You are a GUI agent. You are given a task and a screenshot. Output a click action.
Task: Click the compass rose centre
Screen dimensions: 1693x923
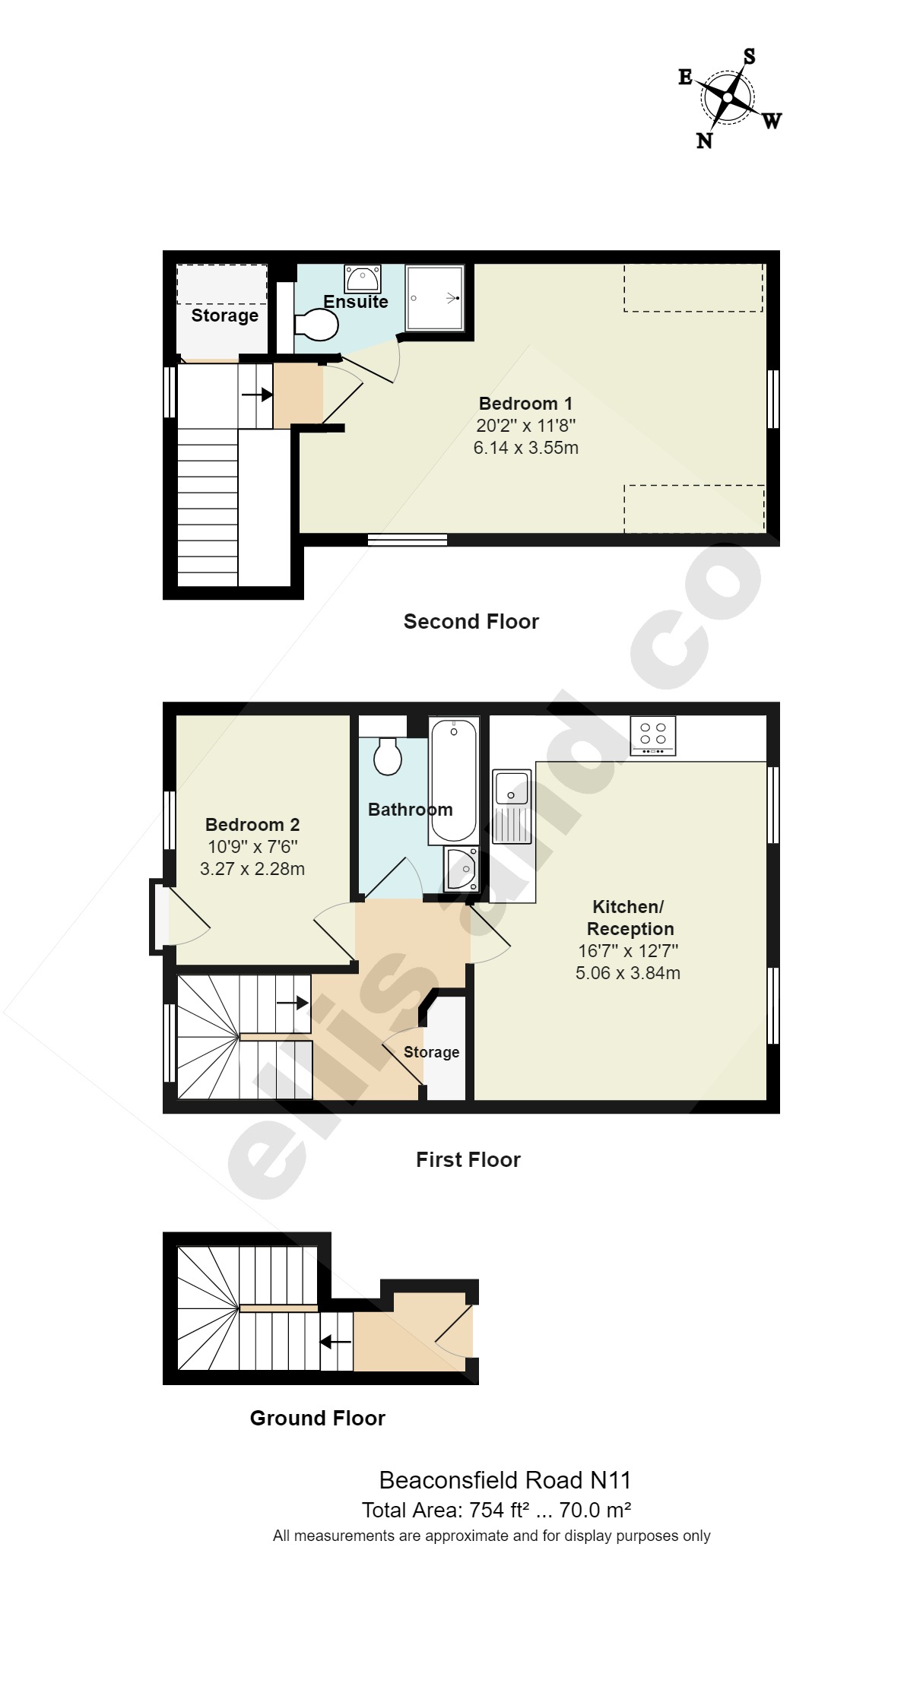coord(728,98)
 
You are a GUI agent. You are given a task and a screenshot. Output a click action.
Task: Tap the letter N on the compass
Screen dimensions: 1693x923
coord(704,141)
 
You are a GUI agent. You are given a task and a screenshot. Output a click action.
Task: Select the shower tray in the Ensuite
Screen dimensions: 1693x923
coord(434,297)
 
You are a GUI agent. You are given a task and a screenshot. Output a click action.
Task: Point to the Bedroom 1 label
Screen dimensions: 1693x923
coord(525,404)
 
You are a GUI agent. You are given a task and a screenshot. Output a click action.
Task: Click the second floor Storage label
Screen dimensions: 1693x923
coord(224,315)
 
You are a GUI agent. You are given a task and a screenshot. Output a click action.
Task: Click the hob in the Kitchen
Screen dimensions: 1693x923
coord(653,735)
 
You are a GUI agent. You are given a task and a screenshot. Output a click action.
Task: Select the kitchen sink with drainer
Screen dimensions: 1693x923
coord(512,807)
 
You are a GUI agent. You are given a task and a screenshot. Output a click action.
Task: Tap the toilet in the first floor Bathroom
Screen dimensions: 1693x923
coord(388,756)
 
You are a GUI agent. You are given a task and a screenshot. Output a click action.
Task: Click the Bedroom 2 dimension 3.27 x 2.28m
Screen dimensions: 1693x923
coord(252,869)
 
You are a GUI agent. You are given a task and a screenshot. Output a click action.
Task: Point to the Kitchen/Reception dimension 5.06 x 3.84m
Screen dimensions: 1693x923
coord(628,973)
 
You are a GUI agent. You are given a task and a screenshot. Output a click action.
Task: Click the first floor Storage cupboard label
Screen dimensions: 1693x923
coord(431,1052)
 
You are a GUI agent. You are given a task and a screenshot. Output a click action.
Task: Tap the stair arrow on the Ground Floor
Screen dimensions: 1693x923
coord(335,1342)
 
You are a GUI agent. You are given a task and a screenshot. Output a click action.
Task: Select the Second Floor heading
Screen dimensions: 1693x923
coord(471,622)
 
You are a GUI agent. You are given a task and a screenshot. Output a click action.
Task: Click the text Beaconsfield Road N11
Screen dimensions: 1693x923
coord(505,1480)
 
